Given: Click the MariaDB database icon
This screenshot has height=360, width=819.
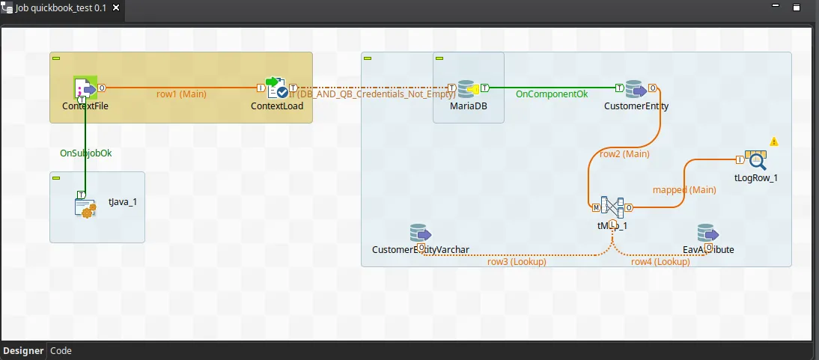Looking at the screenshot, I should coord(468,88).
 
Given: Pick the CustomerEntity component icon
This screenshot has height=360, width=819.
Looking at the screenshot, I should coord(636,88).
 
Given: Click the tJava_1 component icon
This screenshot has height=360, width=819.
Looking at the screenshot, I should coord(85,204).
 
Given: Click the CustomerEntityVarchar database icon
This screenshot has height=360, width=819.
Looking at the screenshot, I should coord(419,234).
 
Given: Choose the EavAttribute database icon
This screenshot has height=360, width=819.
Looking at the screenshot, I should coord(707,234).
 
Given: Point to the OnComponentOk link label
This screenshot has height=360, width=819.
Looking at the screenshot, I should coord(551,94).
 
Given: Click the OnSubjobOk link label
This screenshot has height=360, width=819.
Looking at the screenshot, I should coord(85,153).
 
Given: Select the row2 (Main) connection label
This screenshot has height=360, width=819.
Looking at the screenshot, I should coord(624,154).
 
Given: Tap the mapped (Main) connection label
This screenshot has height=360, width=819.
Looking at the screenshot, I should coord(684,190).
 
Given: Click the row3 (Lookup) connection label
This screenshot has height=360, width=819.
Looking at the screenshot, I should coord(517,262).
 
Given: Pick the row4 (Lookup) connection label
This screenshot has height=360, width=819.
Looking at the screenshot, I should coord(660,262).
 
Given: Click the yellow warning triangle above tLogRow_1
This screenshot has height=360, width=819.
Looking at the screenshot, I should coord(774,141).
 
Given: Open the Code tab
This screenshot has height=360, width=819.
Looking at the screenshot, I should coord(61,351).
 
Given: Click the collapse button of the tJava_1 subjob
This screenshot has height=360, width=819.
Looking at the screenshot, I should coord(56,177).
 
